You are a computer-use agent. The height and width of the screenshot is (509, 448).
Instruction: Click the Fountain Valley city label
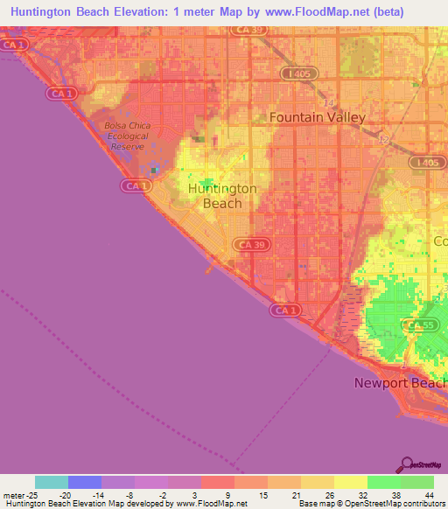[x=317, y=116]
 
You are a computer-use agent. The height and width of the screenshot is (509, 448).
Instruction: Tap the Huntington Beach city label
[x=222, y=196]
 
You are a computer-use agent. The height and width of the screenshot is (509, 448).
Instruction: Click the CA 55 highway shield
[x=416, y=325]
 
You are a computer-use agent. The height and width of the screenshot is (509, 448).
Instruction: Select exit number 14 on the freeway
[x=329, y=103]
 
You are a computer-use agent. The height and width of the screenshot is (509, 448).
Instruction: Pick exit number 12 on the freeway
[x=384, y=140]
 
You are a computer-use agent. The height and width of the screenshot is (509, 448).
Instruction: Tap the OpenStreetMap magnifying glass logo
[x=407, y=465]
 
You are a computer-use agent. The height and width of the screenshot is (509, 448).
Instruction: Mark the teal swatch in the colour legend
[x=51, y=482]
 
